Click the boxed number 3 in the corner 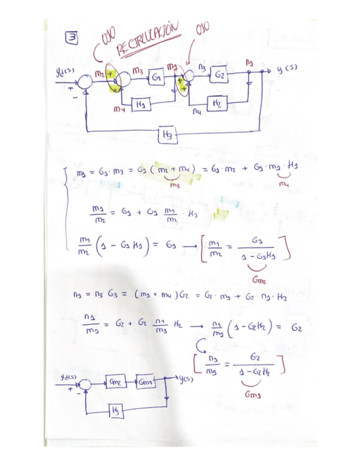[71, 38]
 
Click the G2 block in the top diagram [220, 74]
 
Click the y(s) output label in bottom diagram [185, 381]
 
